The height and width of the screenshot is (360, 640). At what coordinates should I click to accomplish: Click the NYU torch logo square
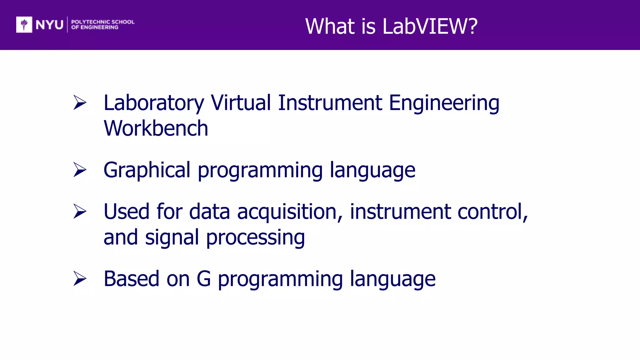pyautogui.click(x=24, y=25)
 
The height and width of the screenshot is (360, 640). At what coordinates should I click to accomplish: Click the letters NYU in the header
pyautogui.click(x=49, y=25)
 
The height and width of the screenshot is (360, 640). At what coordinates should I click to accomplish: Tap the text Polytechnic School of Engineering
pyautogui.click(x=102, y=25)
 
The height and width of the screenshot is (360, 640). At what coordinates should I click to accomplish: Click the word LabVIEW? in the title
pyautogui.click(x=430, y=26)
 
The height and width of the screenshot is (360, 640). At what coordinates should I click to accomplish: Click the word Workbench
pyautogui.click(x=156, y=128)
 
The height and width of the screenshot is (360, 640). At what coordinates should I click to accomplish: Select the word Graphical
pyautogui.click(x=147, y=171)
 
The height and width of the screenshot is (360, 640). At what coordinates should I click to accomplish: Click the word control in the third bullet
pyautogui.click(x=492, y=212)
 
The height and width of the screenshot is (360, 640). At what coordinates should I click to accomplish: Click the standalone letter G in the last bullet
pyautogui.click(x=204, y=279)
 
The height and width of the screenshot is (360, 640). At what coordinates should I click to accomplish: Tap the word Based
pyautogui.click(x=131, y=279)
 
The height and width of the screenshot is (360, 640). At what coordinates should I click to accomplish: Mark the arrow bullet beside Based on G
pyautogui.click(x=80, y=278)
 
